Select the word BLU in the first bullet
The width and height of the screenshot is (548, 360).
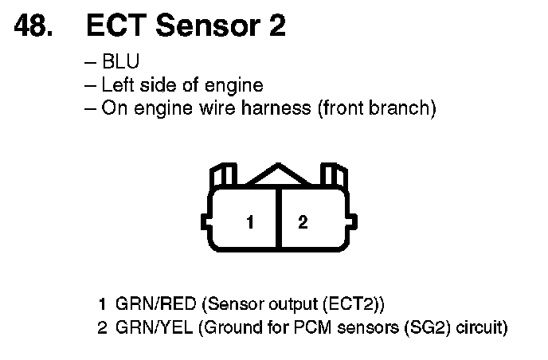121,61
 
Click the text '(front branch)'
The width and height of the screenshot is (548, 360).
377,108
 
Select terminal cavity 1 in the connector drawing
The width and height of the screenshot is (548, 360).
249,223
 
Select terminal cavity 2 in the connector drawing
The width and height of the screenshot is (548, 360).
303,223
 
